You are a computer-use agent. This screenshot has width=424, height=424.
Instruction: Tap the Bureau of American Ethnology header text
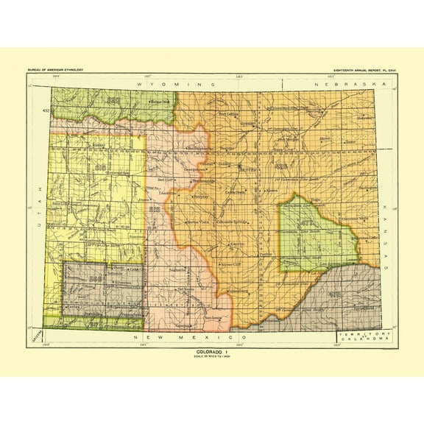tap(57, 69)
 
